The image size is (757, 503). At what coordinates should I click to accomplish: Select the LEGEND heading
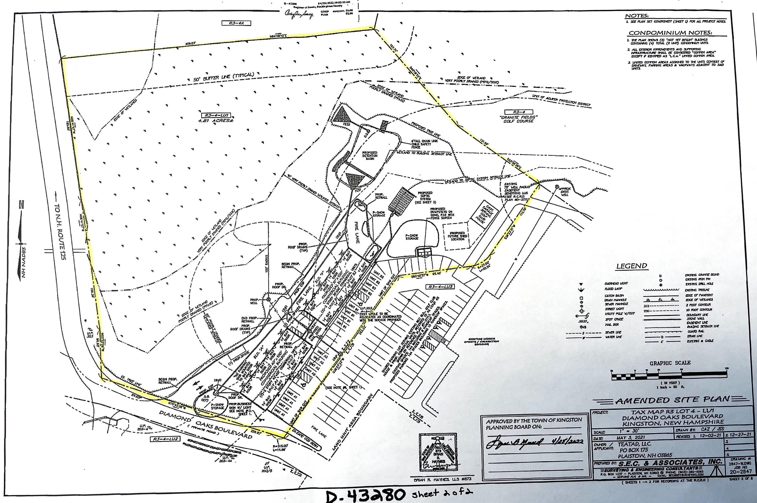[632, 266]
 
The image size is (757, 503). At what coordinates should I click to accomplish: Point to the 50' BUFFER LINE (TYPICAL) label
[224, 77]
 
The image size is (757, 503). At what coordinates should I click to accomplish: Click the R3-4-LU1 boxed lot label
[216, 116]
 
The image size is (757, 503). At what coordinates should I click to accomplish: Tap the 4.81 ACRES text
[216, 121]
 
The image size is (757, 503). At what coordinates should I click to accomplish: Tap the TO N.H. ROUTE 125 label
[61, 228]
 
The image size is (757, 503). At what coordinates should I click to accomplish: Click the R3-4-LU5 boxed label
[441, 287]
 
